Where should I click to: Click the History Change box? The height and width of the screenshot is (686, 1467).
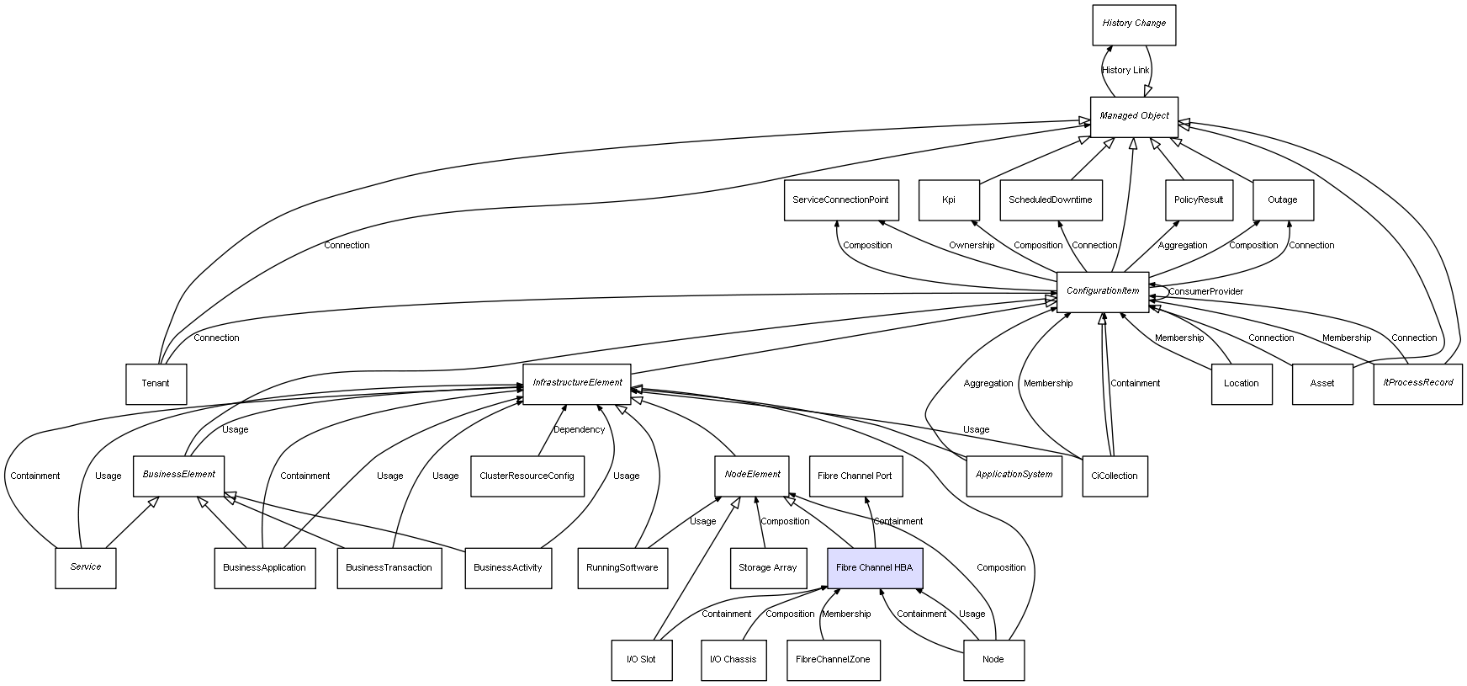[1133, 24]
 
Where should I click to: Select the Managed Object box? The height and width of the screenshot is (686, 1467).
[1134, 116]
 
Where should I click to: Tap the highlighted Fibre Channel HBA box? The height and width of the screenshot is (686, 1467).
[874, 568]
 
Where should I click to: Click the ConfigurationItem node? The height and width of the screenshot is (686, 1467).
[1102, 291]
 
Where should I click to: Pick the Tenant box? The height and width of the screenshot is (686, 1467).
[156, 384]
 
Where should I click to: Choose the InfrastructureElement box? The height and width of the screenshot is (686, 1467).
[577, 383]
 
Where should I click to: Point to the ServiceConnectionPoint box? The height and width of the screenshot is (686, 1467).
[840, 200]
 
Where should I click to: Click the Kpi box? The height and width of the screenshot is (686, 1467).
[949, 200]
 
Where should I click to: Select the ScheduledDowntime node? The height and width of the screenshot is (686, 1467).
[1050, 200]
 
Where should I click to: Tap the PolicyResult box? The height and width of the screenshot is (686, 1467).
[1199, 200]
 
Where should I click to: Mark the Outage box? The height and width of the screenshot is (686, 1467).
[1282, 200]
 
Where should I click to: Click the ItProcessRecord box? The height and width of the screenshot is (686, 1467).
[1417, 383]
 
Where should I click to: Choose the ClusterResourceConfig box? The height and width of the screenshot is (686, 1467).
[527, 476]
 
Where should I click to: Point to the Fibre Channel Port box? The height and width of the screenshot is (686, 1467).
[855, 476]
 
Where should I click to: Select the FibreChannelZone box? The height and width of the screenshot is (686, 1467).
[833, 660]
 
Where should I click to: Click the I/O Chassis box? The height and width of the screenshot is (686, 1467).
[733, 660]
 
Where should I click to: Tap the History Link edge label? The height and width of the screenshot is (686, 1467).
[1125, 71]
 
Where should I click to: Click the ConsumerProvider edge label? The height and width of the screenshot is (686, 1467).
[1205, 292]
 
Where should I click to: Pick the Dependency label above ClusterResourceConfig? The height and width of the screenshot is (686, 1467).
[579, 430]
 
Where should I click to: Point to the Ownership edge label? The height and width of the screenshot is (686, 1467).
[972, 246]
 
